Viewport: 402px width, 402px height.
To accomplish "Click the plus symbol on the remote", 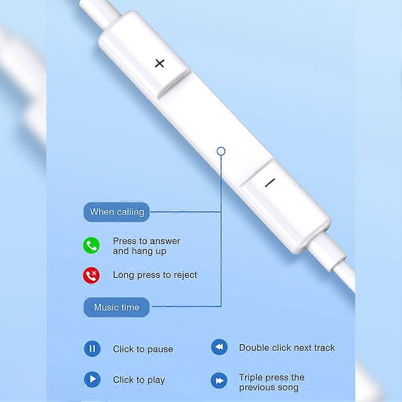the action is (159, 63).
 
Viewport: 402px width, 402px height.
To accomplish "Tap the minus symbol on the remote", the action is (270, 183).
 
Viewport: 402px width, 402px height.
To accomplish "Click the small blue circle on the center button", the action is (221, 151).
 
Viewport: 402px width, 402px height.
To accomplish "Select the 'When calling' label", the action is (116, 212).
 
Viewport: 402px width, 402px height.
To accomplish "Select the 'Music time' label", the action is (116, 307).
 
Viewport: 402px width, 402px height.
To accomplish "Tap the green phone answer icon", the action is (91, 245).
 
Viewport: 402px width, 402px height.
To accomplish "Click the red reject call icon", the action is (91, 275).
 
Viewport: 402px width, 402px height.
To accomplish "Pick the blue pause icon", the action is (92, 349).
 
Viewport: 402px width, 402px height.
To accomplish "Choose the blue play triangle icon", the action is (92, 379).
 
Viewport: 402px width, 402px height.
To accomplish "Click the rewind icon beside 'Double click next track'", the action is (219, 347).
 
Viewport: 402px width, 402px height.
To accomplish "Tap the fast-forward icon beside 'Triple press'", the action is (219, 380).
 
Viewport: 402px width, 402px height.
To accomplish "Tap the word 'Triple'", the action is (251, 378).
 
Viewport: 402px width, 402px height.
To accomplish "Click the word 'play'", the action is (156, 380).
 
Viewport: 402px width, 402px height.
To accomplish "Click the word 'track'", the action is (324, 348).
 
